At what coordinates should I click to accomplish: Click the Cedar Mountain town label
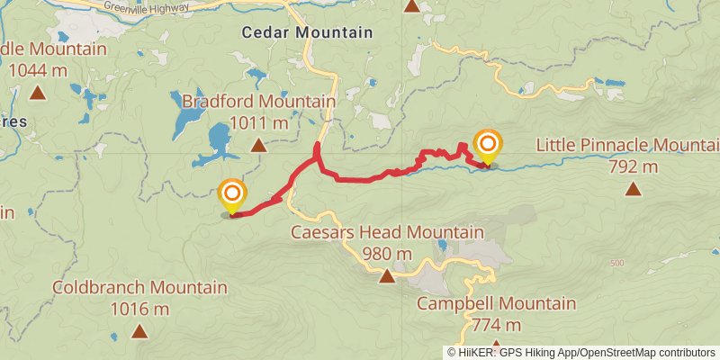point(307,32)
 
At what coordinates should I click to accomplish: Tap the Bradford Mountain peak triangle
point(258,145)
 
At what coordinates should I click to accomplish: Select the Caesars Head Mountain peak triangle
point(386,275)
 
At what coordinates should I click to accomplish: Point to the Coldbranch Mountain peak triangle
point(139,331)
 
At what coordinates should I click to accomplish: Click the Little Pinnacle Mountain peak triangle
point(634,188)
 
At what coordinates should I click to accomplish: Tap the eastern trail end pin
point(488,147)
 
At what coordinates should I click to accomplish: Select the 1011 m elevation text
point(258,122)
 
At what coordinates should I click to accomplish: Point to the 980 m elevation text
point(387,254)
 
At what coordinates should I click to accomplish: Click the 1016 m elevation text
point(139,310)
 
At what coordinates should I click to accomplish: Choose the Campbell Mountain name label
point(496,303)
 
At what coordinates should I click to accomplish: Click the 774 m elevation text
point(496,325)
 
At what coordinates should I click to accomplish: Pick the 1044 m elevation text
point(38,68)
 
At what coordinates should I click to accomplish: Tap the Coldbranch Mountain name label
point(139,288)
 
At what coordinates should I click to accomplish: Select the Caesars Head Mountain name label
point(387,232)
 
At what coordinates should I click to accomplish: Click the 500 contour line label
point(616,263)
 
